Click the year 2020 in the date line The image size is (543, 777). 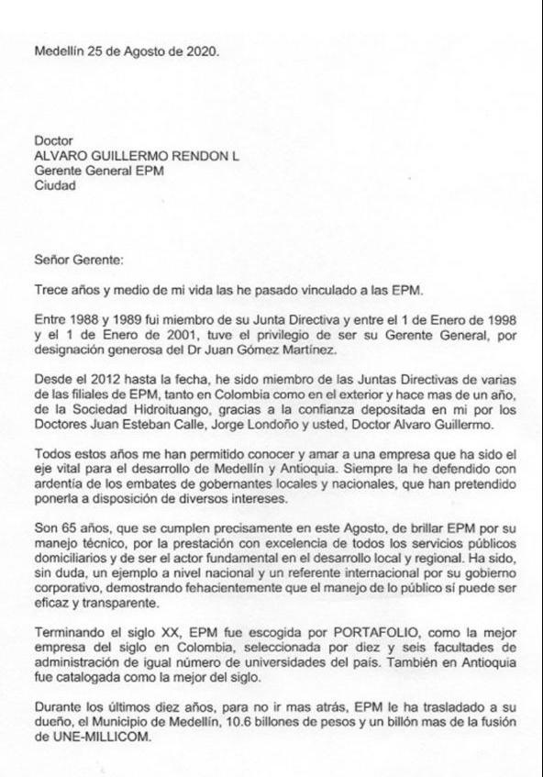point(201,52)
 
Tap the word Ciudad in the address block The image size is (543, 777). point(55,184)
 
